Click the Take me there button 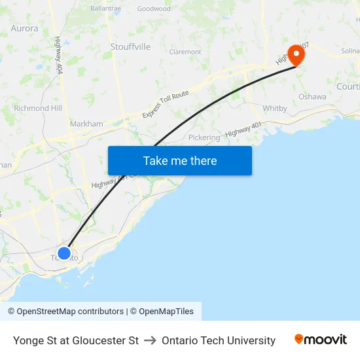tap(179, 161)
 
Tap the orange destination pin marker tap(297, 54)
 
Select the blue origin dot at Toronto tap(64, 253)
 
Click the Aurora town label tap(25, 29)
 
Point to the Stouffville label tap(130, 47)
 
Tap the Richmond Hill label tap(37, 108)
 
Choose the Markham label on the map tap(86, 124)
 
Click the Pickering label tap(204, 138)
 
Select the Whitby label tap(274, 109)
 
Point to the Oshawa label tap(312, 97)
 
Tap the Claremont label tap(185, 52)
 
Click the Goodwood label tap(154, 9)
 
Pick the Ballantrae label tap(107, 9)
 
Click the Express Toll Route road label tap(166, 105)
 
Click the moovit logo tap(320, 340)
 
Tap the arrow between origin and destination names tap(150, 340)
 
